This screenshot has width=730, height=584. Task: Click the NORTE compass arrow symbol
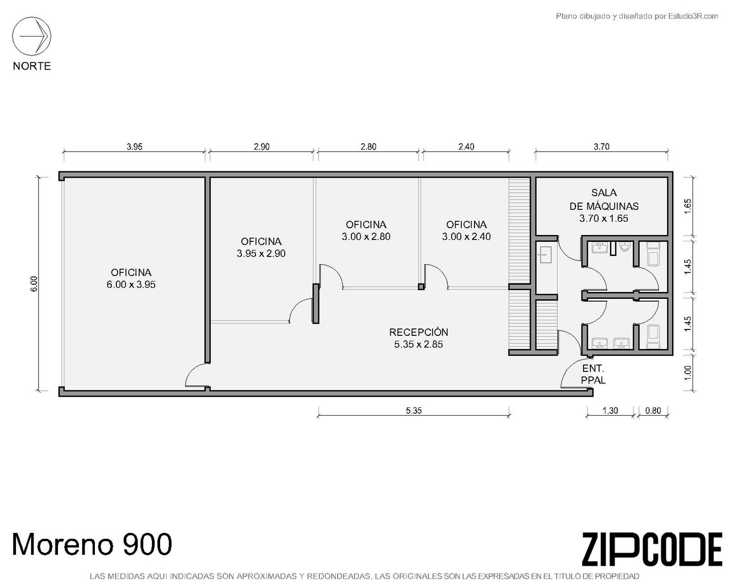[32, 36]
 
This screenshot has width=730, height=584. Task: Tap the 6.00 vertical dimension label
[34, 283]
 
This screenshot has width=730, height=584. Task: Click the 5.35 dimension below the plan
[414, 411]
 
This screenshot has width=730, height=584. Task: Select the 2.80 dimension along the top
[368, 146]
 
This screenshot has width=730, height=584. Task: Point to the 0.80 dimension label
[653, 411]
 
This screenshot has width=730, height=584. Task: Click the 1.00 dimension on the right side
[688, 373]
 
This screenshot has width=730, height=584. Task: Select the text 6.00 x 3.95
[131, 284]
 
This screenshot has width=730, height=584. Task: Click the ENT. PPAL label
[593, 374]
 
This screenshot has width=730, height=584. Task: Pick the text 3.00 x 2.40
[466, 236]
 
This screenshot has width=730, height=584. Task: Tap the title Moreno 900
[92, 544]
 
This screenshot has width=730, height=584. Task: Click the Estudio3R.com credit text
[693, 16]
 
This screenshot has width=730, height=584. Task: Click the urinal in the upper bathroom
[625, 246]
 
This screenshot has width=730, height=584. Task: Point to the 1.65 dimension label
[688, 206]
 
